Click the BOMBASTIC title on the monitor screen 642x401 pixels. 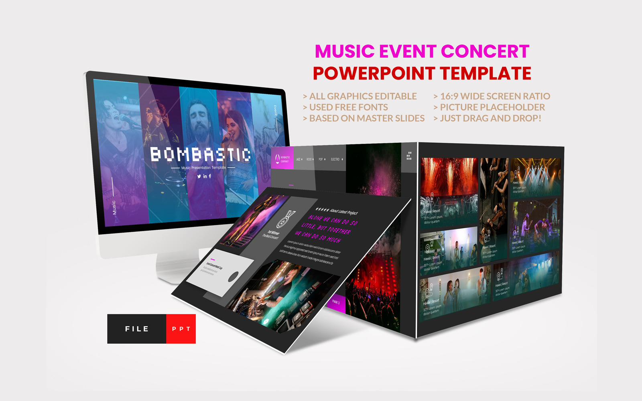[201, 154]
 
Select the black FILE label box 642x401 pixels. [137, 329]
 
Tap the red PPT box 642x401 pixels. [181, 329]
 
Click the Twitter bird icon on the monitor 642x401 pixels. [199, 176]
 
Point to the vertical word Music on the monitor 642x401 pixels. [114, 207]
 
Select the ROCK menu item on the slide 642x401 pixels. [309, 159]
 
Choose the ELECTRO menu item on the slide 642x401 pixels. [335, 159]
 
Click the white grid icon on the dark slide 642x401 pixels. [409, 156]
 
